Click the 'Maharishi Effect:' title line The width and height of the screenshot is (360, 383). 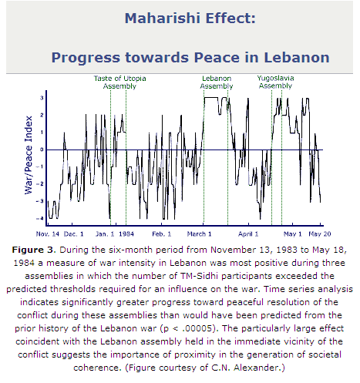[190, 18]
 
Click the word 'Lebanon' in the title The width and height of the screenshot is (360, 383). [297, 57]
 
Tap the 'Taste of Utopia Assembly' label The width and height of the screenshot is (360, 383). [119, 82]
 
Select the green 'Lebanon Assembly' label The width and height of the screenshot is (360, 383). [217, 82]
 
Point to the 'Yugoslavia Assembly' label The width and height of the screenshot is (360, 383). [275, 82]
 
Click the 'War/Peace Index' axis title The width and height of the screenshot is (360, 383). [29, 155]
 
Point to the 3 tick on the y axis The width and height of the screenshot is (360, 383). [42, 98]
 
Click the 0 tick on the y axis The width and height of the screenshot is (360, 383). [42, 150]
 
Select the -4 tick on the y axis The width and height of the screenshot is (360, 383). [39, 219]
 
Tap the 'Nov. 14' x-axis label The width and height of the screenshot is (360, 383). [48, 234]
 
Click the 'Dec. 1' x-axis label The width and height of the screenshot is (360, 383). [73, 234]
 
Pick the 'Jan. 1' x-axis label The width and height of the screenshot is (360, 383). [105, 234]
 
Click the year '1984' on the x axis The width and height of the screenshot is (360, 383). [126, 234]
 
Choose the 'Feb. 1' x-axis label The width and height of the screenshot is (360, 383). [162, 234]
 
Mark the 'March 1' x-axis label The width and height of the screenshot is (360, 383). [199, 234]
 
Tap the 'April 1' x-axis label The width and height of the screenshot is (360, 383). [248, 234]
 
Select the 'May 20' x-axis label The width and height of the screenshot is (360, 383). [320, 234]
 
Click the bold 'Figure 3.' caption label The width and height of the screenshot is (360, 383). [34, 250]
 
